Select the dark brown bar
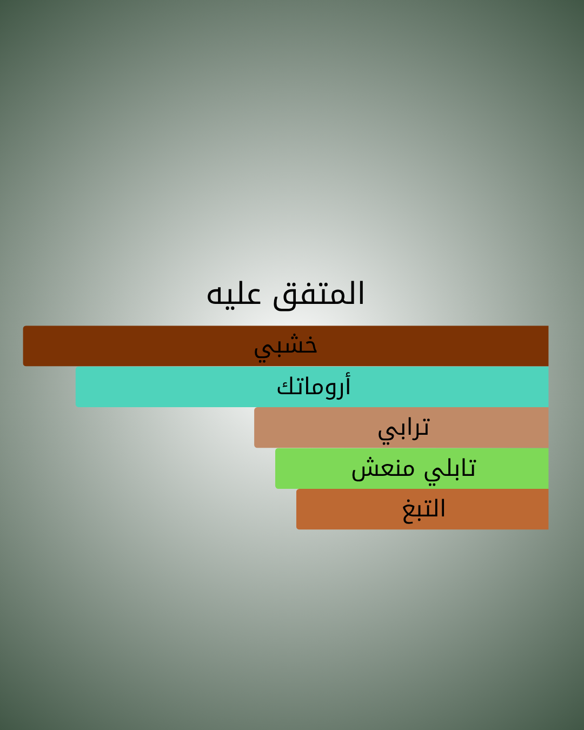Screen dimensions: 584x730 click(x=286, y=346)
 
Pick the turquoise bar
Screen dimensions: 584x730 click(x=312, y=387)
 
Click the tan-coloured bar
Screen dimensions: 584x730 click(x=401, y=427)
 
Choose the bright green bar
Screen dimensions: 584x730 click(x=412, y=468)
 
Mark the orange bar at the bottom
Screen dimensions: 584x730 click(x=422, y=509)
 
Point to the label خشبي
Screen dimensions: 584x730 click(x=286, y=348)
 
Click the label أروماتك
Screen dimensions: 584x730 click(x=314, y=386)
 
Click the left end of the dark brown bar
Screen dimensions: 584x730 click(x=23, y=346)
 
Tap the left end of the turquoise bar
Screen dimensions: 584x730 click(x=76, y=387)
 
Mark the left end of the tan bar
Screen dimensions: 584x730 click(x=255, y=427)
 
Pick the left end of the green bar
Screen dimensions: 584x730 click(x=276, y=468)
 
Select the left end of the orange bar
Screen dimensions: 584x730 click(x=296, y=509)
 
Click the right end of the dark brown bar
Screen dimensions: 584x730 click(x=548, y=346)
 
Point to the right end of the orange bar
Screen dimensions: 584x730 click(x=548, y=509)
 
